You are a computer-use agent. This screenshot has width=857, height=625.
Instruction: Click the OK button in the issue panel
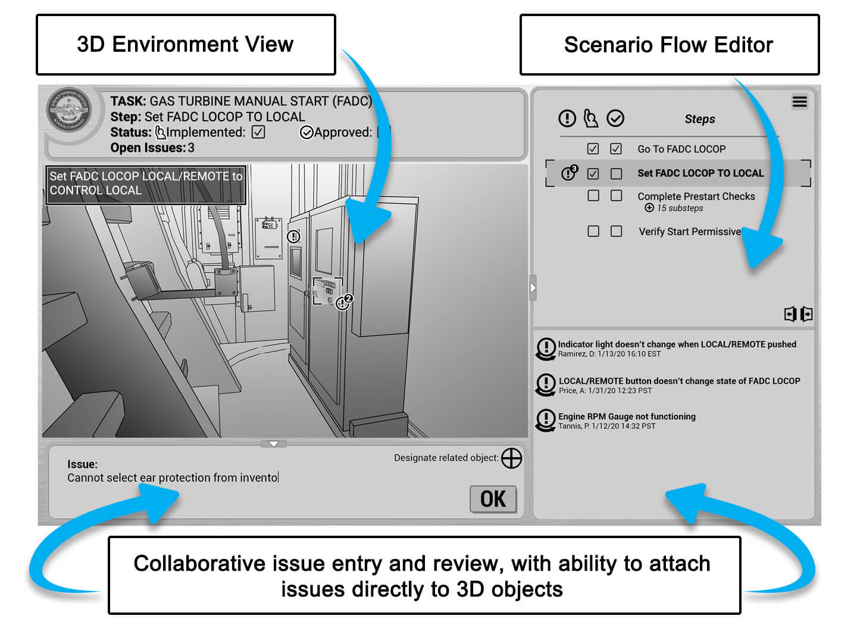tap(493, 499)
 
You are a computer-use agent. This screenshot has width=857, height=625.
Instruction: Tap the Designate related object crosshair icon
tap(511, 458)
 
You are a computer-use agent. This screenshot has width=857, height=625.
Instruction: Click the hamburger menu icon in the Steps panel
tap(799, 102)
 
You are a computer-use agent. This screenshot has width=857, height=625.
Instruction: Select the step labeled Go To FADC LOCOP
tap(681, 149)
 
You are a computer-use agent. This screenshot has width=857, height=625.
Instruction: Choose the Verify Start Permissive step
tap(689, 232)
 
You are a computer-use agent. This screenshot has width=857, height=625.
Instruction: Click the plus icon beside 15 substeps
tap(649, 208)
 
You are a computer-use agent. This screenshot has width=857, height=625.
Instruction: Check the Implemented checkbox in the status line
tap(258, 132)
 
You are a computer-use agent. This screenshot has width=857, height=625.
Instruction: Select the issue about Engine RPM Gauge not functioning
tap(626, 417)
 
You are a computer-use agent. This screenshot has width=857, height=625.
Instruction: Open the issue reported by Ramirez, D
tap(677, 345)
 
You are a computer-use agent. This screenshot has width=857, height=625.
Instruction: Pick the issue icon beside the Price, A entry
tap(546, 384)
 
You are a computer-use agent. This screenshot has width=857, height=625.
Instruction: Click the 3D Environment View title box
tap(186, 45)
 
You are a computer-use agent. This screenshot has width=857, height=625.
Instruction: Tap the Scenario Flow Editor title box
tap(669, 45)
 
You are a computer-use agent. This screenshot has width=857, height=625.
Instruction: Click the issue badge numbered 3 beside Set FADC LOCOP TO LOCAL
tap(569, 173)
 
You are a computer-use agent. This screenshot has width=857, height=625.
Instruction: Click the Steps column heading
tap(699, 119)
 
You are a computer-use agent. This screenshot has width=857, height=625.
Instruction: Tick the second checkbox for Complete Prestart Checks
tap(616, 196)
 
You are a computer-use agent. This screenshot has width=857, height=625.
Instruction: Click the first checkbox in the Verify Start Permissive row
tap(593, 231)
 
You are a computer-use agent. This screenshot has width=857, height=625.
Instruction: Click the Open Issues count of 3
tap(191, 148)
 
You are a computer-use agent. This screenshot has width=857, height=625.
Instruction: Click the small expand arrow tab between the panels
tap(533, 288)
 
